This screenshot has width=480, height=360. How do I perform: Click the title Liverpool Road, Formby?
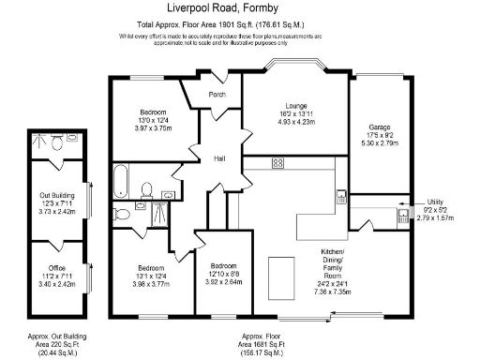pyautogui.click(x=240, y=7)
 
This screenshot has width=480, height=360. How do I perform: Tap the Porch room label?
pyautogui.click(x=217, y=95)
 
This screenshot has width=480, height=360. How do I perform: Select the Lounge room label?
pyautogui.click(x=296, y=104)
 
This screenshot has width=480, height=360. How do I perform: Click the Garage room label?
pyautogui.click(x=379, y=126)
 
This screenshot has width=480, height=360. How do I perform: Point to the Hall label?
pyautogui.click(x=219, y=157)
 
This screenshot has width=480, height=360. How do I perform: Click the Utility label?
pyautogui.click(x=434, y=202)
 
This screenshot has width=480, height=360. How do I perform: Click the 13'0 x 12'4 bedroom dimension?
pyautogui.click(x=154, y=119)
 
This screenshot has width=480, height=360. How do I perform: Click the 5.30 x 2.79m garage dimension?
pyautogui.click(x=379, y=143)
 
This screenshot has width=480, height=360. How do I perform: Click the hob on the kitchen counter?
pyautogui.click(x=277, y=163)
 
